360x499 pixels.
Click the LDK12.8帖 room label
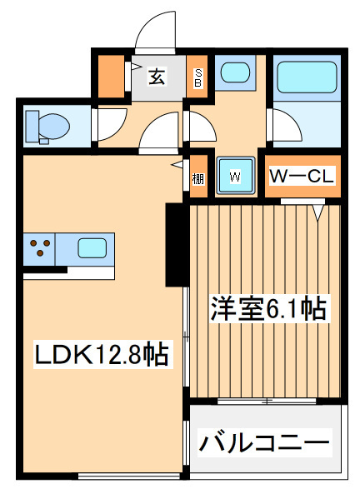click(x=101, y=357)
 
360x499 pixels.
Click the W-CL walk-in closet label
click(x=302, y=176)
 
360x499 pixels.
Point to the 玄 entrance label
click(x=157, y=77)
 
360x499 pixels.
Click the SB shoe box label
click(x=198, y=78)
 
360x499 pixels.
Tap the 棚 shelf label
click(x=197, y=177)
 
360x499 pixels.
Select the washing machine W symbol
click(x=235, y=176)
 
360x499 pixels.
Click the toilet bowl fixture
click(x=48, y=127)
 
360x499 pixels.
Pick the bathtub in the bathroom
click(x=306, y=77)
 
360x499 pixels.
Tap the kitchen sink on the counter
click(x=92, y=247)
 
